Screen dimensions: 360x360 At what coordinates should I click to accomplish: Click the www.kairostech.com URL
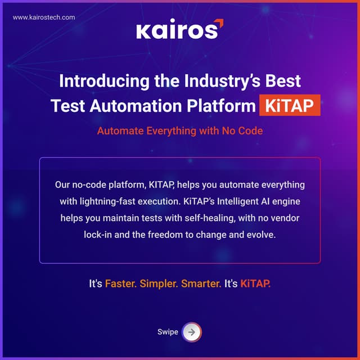click(x=43, y=17)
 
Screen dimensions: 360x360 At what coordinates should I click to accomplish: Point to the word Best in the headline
click(x=281, y=80)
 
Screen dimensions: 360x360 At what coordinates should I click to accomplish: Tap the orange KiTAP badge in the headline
click(x=290, y=106)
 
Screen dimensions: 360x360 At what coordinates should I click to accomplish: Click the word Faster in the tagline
click(x=120, y=284)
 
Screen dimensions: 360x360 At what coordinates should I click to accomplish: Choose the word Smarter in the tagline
click(x=201, y=284)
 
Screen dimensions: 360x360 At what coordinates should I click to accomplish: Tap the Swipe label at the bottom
click(x=168, y=332)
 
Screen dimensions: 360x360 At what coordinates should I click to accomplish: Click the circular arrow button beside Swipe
click(x=192, y=332)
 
